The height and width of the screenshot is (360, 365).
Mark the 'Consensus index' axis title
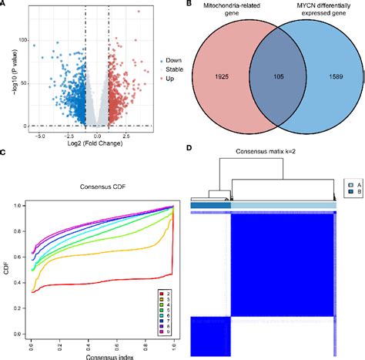coord(91,354)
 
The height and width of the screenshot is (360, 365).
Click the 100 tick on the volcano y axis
coord(18,39)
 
